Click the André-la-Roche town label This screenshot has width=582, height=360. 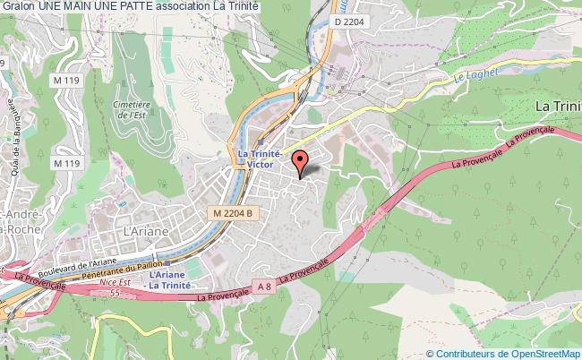click(x=18, y=221)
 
